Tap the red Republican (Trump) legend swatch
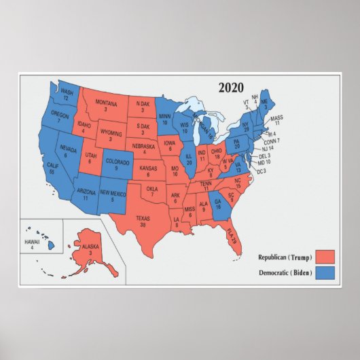pos(325,257)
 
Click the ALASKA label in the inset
pos(90,248)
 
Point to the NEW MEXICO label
pos(113,196)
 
